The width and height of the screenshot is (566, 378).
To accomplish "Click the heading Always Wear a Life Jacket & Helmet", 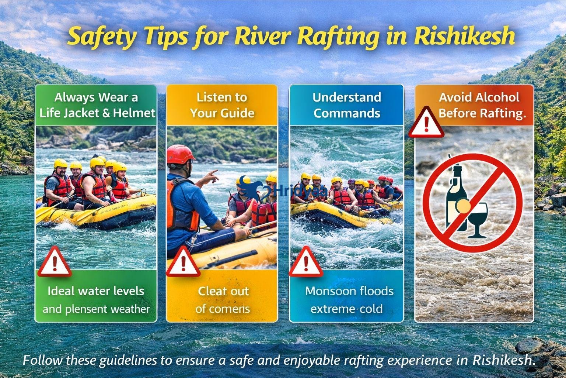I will (x=97, y=105).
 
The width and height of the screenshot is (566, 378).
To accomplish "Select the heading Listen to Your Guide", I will (x=222, y=105).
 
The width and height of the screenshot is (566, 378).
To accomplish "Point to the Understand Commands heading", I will (x=347, y=105).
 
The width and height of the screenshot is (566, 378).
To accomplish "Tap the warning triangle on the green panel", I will (x=55, y=262).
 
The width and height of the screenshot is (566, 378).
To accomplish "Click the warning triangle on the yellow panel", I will (x=183, y=263).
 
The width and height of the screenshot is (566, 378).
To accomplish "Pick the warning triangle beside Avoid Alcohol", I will (x=426, y=123).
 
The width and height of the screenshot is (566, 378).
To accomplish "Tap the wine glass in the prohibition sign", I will (x=478, y=218).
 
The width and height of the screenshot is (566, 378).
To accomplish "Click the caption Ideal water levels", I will (x=96, y=291).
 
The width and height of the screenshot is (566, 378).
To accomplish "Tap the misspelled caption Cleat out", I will (x=223, y=291).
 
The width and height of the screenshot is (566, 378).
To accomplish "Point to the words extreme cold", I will (x=346, y=309).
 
